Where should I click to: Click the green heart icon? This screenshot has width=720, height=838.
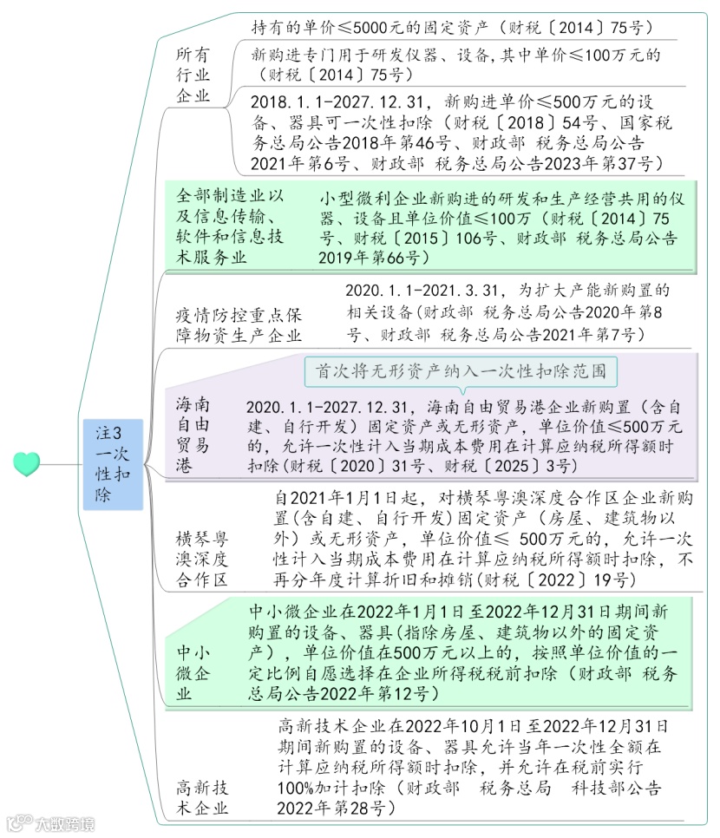[27, 463]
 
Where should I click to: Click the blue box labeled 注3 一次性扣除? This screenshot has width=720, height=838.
[113, 463]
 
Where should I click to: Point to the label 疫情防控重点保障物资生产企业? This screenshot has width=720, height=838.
[239, 324]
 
